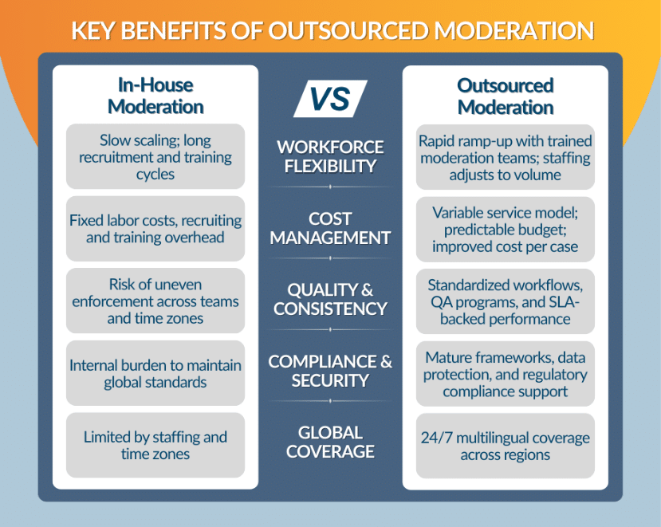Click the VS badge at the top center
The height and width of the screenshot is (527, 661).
[330, 98]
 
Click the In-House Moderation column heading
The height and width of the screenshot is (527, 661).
[155, 96]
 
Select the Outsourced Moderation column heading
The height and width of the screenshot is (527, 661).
[505, 96]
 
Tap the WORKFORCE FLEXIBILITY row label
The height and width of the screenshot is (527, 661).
[330, 156]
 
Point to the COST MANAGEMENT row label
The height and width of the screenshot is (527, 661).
[330, 228]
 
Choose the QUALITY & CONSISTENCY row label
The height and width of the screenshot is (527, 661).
[330, 299]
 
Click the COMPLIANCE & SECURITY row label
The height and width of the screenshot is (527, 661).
[330, 371]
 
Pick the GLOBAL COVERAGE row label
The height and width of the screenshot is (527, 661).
[330, 442]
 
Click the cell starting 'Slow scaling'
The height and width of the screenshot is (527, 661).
[155, 157]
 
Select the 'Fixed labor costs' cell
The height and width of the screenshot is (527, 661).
[155, 229]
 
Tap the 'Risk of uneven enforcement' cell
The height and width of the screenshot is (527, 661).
[155, 301]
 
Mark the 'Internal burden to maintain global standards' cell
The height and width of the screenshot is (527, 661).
[155, 374]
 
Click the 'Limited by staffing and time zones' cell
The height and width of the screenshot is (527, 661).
[155, 446]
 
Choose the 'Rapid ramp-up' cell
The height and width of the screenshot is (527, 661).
[505, 157]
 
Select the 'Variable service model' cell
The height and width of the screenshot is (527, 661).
[505, 229]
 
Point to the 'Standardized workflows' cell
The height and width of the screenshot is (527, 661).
[505, 301]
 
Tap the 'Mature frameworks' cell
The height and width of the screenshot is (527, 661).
[505, 374]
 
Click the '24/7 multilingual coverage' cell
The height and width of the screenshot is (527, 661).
[505, 446]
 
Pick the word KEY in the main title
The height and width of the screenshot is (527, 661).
[91, 30]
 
